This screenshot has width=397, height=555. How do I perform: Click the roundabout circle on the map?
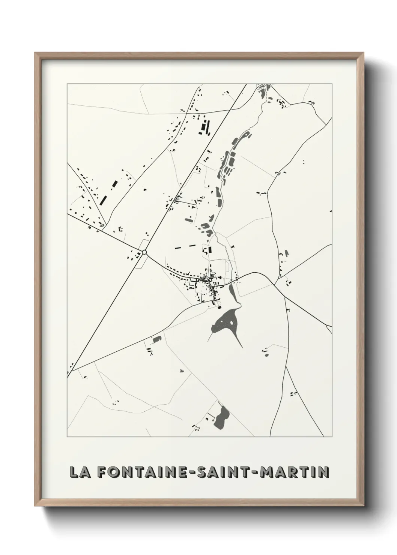[144, 252]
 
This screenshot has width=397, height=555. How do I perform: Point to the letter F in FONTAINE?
[102, 472]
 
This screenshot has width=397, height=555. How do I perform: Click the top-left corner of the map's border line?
[67, 84]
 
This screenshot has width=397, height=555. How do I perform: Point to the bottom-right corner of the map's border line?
[332, 437]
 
